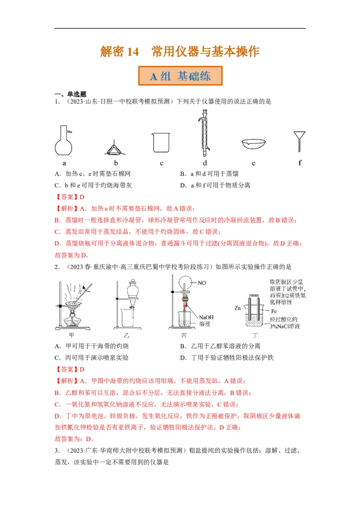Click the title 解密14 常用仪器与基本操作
click(180, 52)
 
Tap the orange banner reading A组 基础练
click(180, 76)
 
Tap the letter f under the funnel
click(300, 163)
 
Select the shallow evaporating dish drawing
click(253, 144)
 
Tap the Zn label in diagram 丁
click(238, 308)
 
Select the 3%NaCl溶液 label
click(284, 326)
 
